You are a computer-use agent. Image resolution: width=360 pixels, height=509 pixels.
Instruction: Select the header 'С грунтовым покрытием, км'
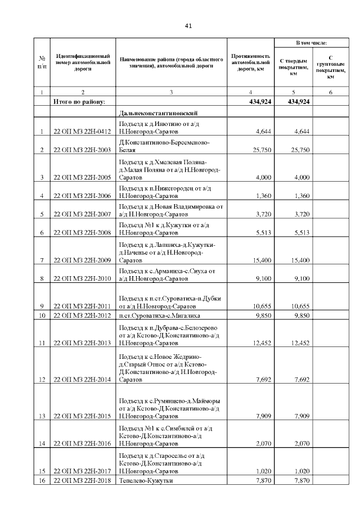coord(330,67)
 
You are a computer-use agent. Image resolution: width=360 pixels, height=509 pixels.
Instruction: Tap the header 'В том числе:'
coord(312,43)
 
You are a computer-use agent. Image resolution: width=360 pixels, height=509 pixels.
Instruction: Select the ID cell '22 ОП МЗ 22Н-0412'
coord(83,132)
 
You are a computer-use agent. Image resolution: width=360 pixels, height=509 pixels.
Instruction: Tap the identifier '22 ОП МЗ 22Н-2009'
coord(83,260)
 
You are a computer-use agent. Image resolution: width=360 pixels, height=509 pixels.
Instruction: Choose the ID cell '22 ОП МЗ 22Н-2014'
coord(83,380)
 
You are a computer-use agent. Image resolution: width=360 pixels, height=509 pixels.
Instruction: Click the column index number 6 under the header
coord(330,92)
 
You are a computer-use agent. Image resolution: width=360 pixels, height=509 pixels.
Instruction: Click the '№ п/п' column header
coord(42,61)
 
